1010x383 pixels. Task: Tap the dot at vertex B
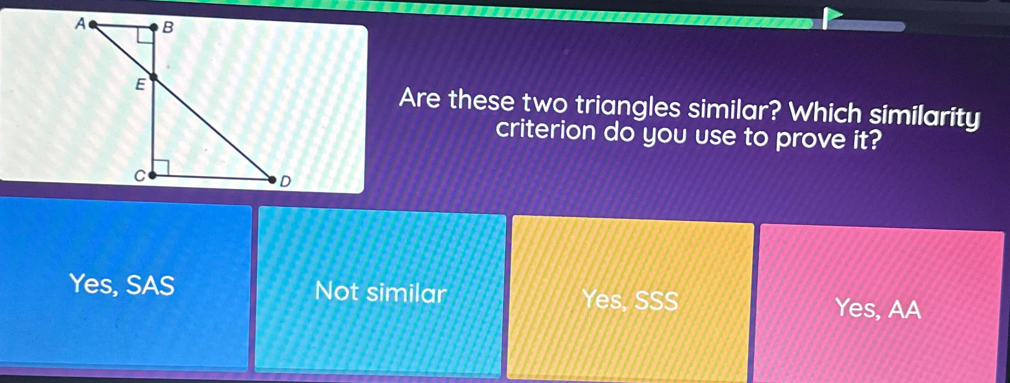[154, 28]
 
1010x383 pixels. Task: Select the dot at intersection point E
[154, 78]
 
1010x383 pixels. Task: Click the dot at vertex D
[272, 180]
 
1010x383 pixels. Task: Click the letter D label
[286, 181]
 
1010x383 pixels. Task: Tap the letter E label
[140, 84]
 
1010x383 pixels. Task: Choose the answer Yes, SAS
[122, 285]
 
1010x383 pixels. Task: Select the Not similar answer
[381, 292]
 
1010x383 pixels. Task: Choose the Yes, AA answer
[878, 308]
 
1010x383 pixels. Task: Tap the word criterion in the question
[546, 131]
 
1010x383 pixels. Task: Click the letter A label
[80, 23]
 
